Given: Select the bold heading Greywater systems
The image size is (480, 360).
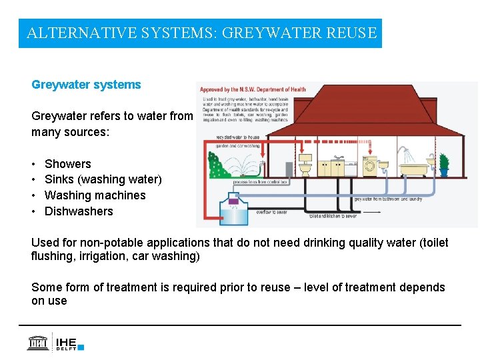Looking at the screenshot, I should point(86,85).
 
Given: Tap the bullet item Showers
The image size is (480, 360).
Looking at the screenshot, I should point(67,163).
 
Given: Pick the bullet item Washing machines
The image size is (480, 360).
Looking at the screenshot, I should point(95,195).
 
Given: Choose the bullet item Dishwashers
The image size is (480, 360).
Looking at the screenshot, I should point(79,211).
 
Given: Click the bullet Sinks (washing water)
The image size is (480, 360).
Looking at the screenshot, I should point(103,179).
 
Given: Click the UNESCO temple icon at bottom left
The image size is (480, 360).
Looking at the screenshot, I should point(37,343).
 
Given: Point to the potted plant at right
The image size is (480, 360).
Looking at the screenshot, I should point(444,163).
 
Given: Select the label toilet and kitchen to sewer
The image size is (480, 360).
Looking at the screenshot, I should point(333,217).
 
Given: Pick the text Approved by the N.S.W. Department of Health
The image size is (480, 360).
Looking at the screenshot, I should point(253,90).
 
